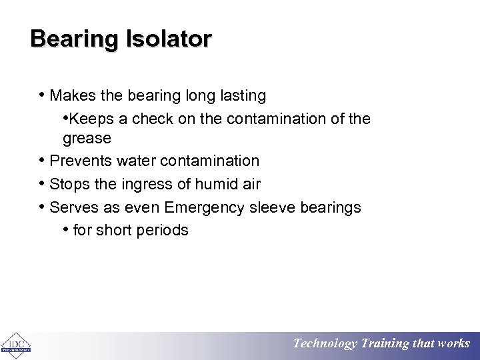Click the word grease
[87, 138]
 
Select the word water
[137, 161]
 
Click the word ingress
[141, 184]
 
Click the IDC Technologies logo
[15, 345]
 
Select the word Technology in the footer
[325, 344]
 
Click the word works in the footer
[453, 344]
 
